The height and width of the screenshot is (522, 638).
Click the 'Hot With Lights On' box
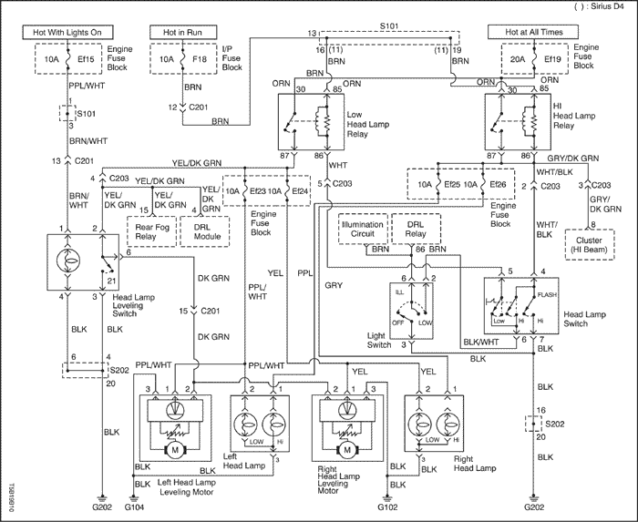coord(67,32)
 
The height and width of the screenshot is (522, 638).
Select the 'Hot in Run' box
coord(182,32)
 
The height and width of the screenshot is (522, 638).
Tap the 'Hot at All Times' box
coord(533,32)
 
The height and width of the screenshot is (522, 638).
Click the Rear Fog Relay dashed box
coord(152,231)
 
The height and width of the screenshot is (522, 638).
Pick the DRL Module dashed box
coord(205,231)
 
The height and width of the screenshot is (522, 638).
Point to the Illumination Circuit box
coord(363,229)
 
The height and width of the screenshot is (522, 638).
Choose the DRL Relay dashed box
coord(416,229)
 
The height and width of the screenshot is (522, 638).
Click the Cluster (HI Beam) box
coord(589,244)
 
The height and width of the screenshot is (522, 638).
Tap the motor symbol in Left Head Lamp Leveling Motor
coord(175,450)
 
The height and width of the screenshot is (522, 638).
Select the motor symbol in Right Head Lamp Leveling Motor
coord(347,450)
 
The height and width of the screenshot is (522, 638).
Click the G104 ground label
coord(134,507)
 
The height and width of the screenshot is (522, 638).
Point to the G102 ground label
coord(387,507)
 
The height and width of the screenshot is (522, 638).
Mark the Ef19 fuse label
coord(552,59)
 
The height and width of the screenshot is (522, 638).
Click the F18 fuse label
coord(200,59)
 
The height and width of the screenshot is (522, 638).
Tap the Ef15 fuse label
coord(86,59)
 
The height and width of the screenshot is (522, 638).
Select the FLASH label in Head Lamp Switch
coord(547,295)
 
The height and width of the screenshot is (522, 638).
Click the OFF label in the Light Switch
coord(397,322)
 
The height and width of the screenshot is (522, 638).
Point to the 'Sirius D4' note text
coord(606,7)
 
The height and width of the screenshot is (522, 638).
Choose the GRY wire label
coord(334,285)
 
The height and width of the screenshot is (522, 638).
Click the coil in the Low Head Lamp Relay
coord(325,121)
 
